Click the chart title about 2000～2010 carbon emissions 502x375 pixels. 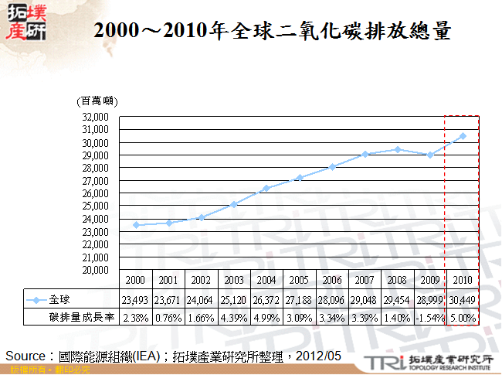click(271, 32)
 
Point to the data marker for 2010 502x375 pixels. click(463, 136)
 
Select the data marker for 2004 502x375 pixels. click(266, 188)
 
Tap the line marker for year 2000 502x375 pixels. click(136, 225)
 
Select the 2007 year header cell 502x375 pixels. click(365, 280)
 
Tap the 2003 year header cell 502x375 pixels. click(234, 280)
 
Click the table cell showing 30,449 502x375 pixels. click(463, 299)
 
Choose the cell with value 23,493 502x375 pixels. click(136, 299)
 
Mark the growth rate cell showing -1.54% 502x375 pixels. click(429, 318)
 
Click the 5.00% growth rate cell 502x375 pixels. click(463, 318)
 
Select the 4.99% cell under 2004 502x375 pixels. click(266, 318)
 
